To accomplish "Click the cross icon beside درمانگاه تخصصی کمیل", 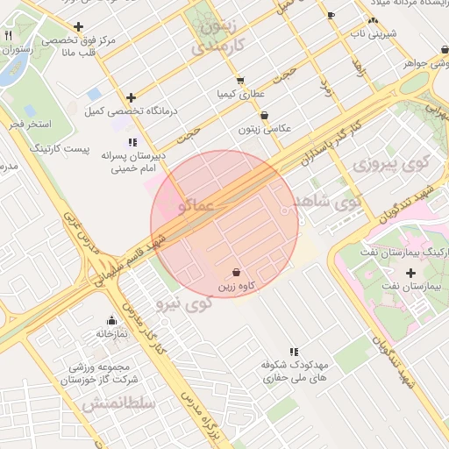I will tap(132, 97).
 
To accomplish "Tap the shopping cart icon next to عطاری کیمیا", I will tap(240, 81).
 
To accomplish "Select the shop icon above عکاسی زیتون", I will tap(264, 115).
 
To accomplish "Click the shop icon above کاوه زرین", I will tap(236, 272).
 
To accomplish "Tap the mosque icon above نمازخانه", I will tap(111, 321).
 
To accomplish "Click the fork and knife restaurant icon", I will tap(8, 36).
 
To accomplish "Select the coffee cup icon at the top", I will tap(331, 15).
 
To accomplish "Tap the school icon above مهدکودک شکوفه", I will tap(293, 351).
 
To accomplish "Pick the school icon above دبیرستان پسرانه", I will tap(132, 141).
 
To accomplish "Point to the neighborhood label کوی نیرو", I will tap(184, 304).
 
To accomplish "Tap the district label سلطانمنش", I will tap(118, 403).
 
